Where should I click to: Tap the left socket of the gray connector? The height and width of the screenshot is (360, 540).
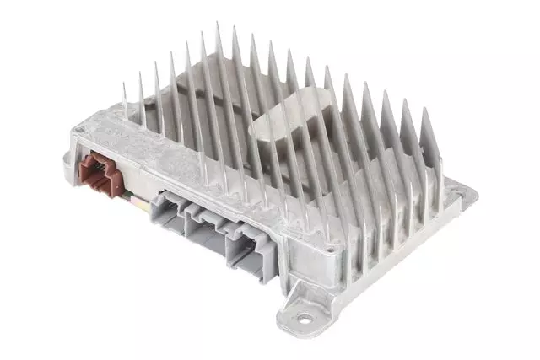(x=170, y=210)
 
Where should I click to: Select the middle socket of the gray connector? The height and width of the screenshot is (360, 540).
(x=206, y=228)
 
